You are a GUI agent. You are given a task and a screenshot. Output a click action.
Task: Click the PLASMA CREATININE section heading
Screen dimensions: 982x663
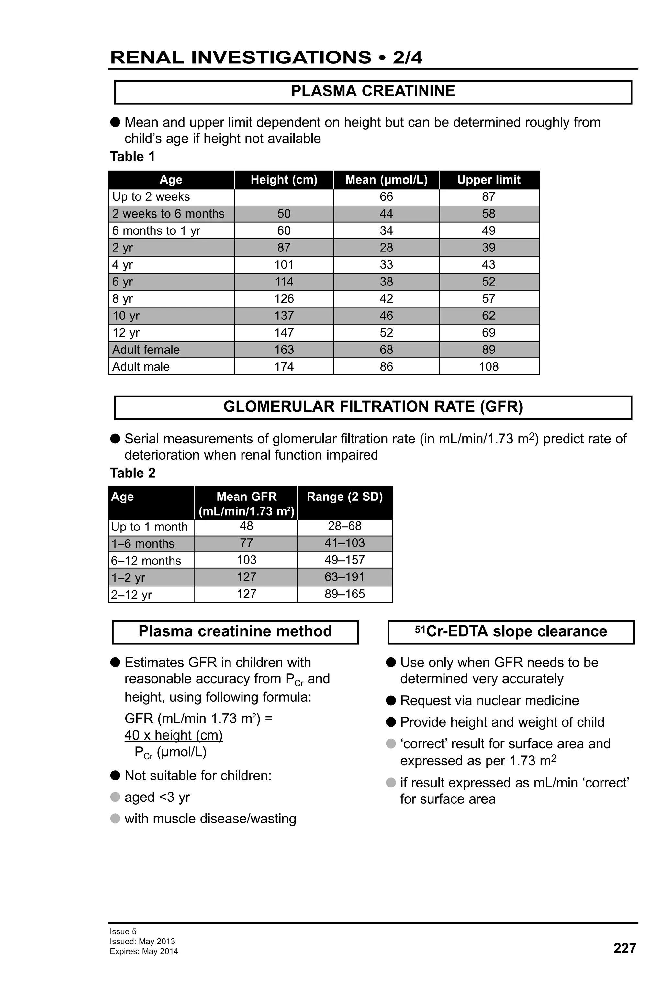[x=373, y=91]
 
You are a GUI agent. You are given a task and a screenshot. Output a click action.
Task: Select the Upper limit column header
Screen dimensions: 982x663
[x=489, y=180]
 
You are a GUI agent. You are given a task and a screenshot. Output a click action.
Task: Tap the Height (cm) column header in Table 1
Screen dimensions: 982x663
[x=284, y=180]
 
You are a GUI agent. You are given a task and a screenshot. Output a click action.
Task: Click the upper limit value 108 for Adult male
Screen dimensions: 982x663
[x=489, y=366]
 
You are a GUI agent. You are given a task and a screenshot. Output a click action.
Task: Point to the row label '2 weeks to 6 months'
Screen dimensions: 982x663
[x=168, y=214]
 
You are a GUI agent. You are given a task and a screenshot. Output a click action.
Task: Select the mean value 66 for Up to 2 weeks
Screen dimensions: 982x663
[x=386, y=196]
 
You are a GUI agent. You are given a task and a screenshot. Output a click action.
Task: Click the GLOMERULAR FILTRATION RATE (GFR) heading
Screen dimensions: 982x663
[x=373, y=407]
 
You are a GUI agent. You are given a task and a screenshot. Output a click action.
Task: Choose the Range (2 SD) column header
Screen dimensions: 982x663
[x=344, y=497]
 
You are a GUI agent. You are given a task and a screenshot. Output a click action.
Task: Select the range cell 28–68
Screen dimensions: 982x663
[x=344, y=526]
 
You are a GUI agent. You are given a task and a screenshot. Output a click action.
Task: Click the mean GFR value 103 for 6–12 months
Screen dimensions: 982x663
[x=246, y=560]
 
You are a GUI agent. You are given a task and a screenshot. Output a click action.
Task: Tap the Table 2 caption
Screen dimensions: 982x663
[x=133, y=473]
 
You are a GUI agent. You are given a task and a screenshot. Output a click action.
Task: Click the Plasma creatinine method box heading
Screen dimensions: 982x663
[x=235, y=631]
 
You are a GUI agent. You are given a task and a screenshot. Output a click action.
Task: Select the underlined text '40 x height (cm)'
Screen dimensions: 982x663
[x=173, y=735]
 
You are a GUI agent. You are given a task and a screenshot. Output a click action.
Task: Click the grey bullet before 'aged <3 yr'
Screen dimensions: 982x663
[x=115, y=797]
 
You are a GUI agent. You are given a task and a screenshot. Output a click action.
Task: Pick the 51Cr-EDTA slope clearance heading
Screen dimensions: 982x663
[x=511, y=631]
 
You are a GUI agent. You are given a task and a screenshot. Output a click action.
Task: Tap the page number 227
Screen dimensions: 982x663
[x=624, y=948]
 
